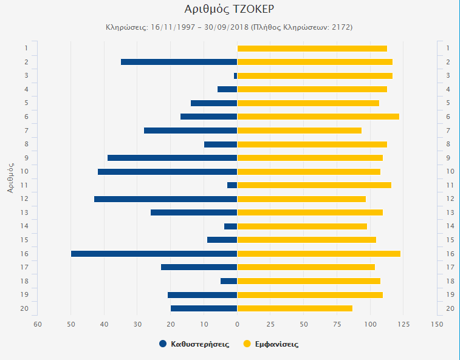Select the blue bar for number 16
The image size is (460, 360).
[x=154, y=254]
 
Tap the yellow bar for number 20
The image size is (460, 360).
[x=295, y=308]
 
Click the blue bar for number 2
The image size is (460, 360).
[x=179, y=62]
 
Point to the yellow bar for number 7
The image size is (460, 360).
[x=299, y=131]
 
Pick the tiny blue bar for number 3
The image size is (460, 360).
[x=235, y=76]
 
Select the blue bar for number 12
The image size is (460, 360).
[x=165, y=199]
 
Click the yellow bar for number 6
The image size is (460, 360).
[x=318, y=117]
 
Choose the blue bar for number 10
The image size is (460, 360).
[x=167, y=172]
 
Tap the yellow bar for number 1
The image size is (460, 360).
[x=312, y=49]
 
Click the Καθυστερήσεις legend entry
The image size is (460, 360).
[x=194, y=344]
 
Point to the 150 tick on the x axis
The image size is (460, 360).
[x=436, y=324]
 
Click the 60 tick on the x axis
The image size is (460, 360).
[x=38, y=324]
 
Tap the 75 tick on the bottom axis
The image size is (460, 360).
[x=337, y=324]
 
